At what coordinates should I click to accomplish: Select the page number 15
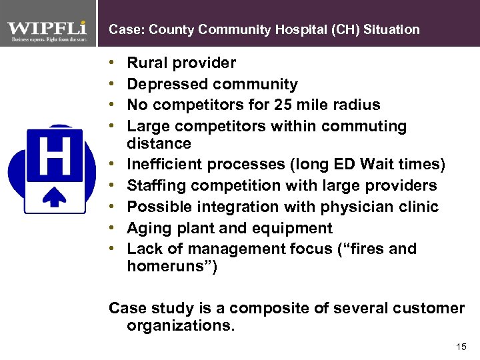tap(461, 347)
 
